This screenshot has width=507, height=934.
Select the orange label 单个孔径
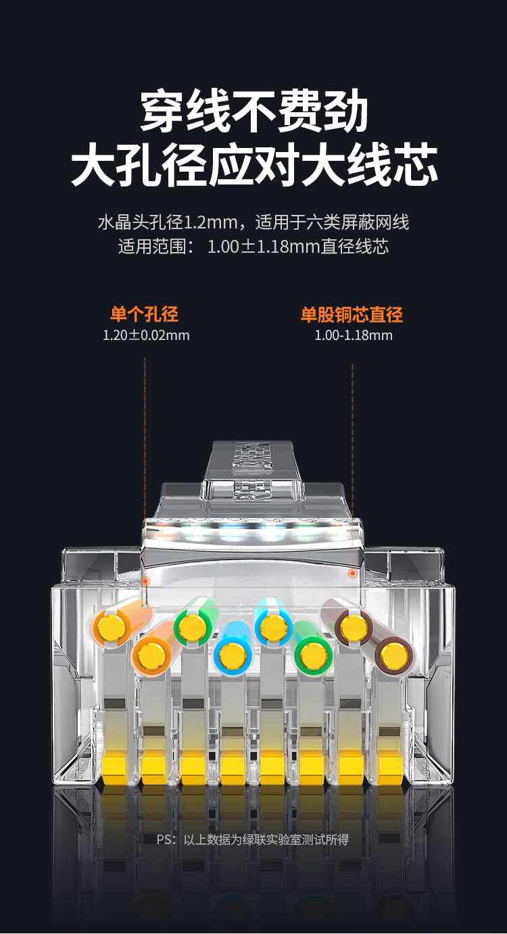coord(145,314)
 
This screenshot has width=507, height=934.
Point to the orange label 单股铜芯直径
coord(352,314)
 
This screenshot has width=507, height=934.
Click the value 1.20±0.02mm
coord(146,335)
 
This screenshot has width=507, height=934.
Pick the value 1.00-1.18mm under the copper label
coord(353,335)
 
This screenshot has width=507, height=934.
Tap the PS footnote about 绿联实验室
coord(253,839)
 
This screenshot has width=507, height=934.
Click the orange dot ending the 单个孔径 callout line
coord(145,581)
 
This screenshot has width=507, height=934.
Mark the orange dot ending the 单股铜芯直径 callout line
coord(353,574)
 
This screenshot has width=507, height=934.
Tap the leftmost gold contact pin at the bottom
coord(114,768)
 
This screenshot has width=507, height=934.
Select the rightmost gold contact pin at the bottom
coord(390,768)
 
